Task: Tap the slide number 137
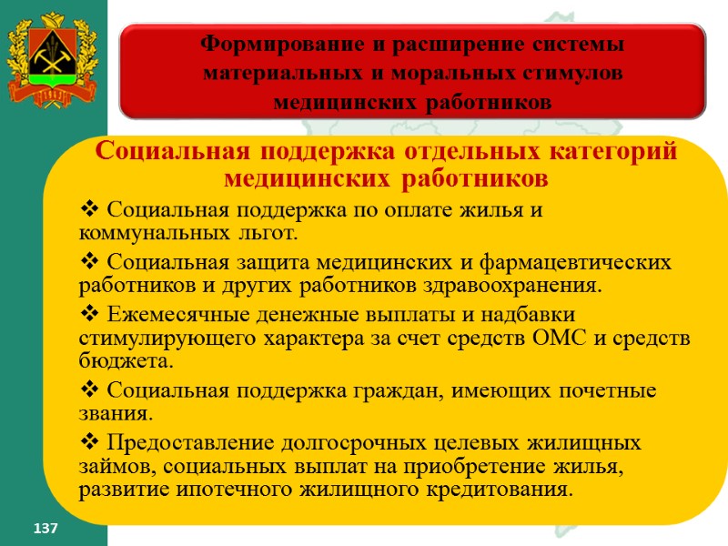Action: pyautogui.click(x=45, y=528)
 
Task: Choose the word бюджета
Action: pyautogui.click(x=125, y=360)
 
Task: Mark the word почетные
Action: pyautogui.click(x=609, y=391)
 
